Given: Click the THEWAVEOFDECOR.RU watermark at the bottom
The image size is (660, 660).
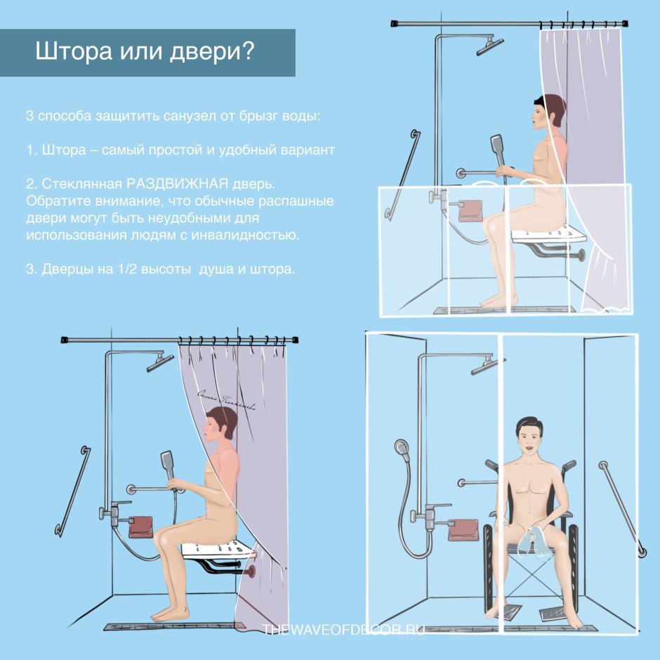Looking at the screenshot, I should [x=344, y=631].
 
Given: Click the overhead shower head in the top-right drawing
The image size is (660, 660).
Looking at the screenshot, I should [x=489, y=48].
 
